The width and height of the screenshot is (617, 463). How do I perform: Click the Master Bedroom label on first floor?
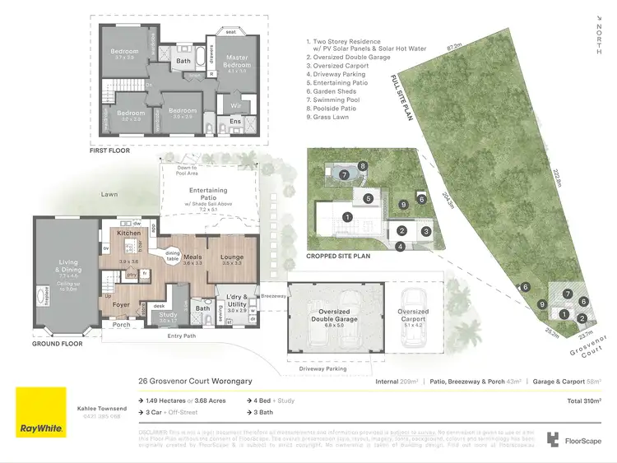pyautogui.click(x=237, y=60)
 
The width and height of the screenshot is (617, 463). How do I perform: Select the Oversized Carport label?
pyautogui.click(x=413, y=315)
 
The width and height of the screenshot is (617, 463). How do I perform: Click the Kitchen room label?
pyautogui.click(x=129, y=234)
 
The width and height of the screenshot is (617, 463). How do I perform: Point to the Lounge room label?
pyautogui.click(x=232, y=257)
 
